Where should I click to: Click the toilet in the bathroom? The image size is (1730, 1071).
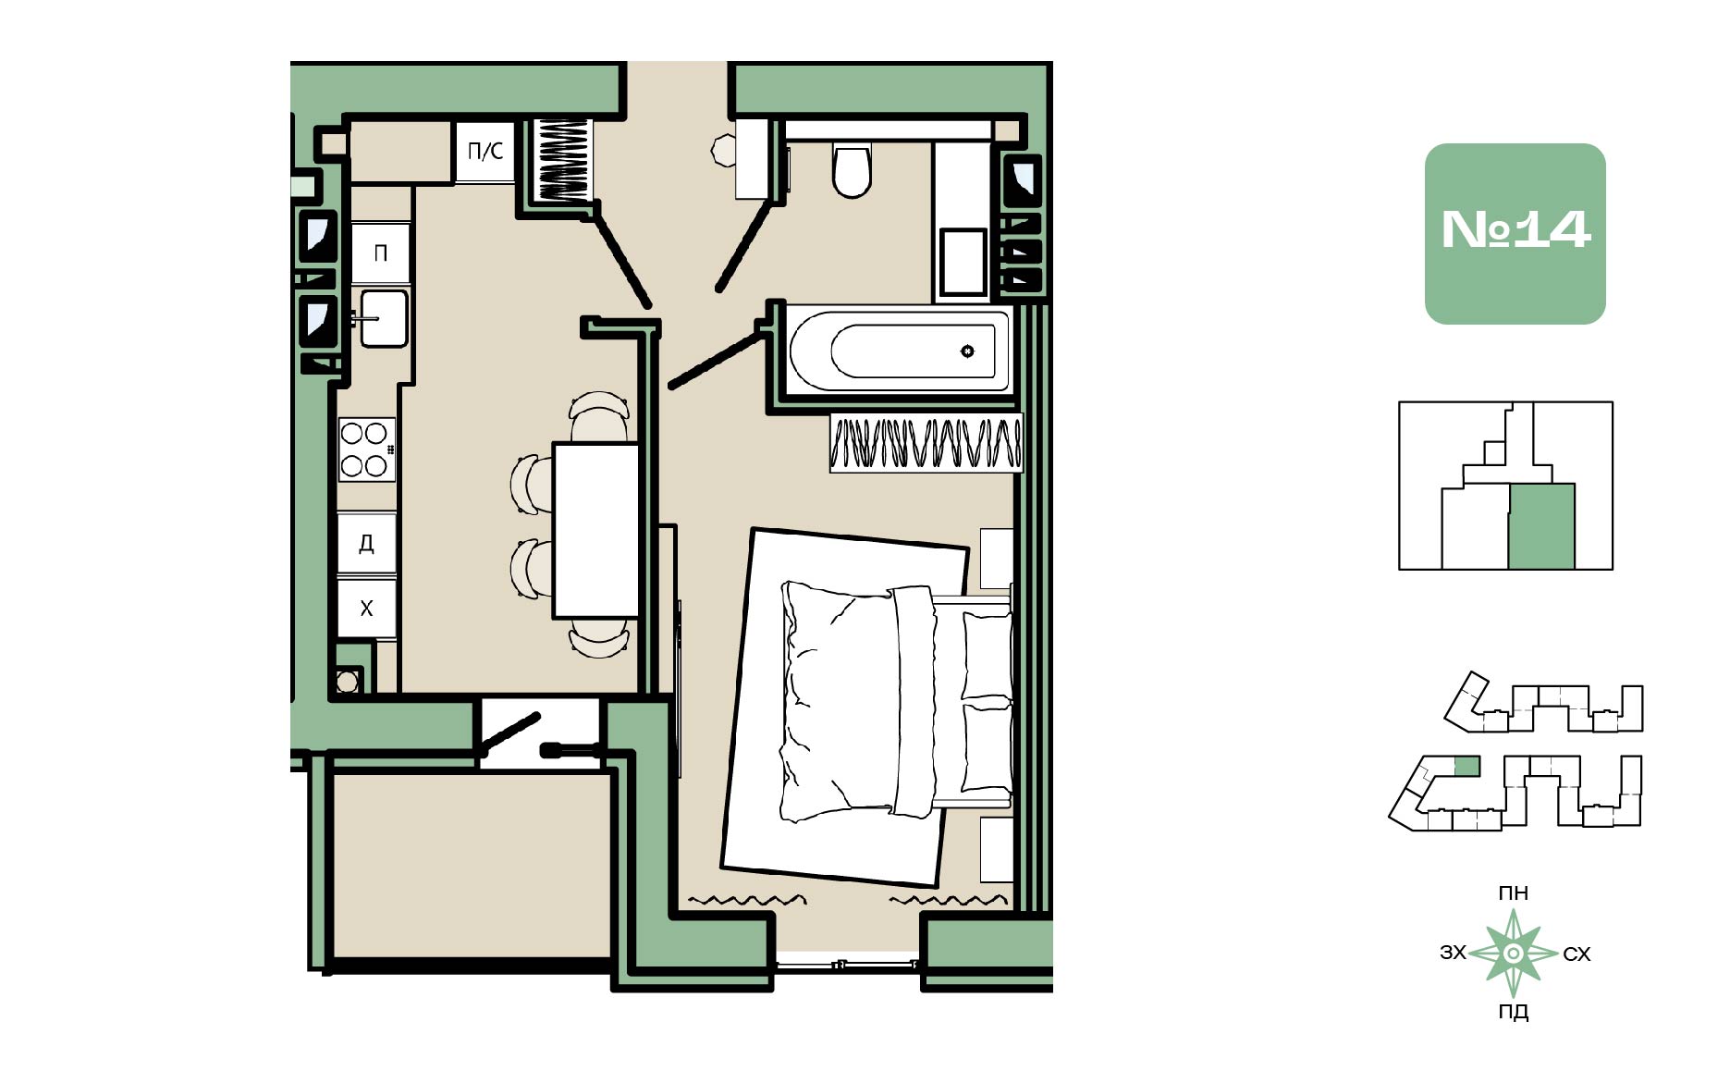pos(852,169)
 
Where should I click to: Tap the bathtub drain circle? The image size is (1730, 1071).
pos(967,351)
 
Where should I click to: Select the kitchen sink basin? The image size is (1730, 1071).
pos(383,318)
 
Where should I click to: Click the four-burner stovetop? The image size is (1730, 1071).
pos(366,449)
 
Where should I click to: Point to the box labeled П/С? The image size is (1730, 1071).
pos(485,152)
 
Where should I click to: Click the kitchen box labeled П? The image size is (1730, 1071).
pos(380,252)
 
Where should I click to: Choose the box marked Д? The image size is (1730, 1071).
pos(366,543)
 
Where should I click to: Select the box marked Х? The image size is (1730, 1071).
pos(366,609)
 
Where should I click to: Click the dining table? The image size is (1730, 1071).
pos(596,530)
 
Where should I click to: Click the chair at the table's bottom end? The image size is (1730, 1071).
pos(599,637)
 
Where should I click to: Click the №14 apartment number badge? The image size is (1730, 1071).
pos(1515,233)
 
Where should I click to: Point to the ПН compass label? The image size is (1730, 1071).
pos(1514,893)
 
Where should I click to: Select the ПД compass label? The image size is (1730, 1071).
pos(1514,1012)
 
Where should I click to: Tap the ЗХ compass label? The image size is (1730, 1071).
pos(1454,953)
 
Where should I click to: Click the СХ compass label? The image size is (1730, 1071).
pos(1577,954)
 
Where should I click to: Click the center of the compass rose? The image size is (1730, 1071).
pos(1514,954)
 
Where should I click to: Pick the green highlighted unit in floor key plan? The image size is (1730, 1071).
pos(1541,525)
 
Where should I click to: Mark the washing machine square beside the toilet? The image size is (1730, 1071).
pos(963,263)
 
